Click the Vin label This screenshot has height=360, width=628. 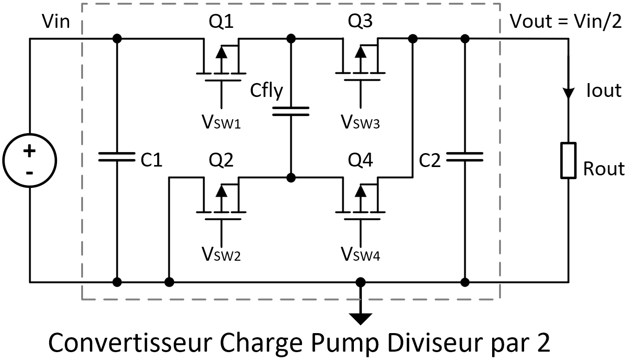pos(56,21)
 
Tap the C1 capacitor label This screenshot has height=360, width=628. pos(151,160)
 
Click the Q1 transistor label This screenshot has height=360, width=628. pos(221,21)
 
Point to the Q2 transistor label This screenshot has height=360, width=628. pos(221,160)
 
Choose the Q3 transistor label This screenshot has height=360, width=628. pos(360,21)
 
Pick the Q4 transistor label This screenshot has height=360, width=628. pos(360,160)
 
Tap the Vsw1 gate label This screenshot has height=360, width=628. pos(221,122)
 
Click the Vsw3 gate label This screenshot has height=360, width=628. pos(360,122)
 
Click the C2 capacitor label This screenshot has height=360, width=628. pos(429,160)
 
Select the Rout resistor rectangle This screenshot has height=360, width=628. pos(569,161)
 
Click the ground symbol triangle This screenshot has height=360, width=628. pos(360,319)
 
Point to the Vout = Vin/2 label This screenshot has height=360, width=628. pos(566,21)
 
